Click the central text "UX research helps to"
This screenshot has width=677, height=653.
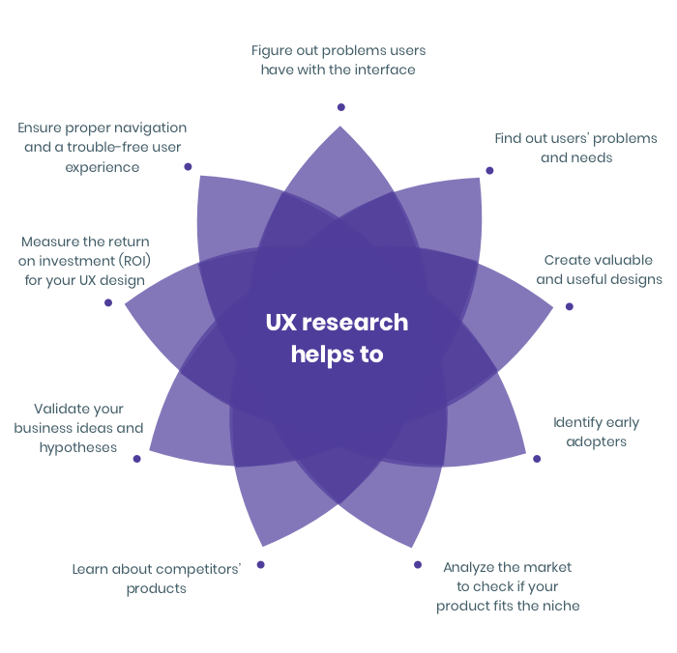pos(337,338)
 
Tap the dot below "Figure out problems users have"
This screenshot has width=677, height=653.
pos(340,107)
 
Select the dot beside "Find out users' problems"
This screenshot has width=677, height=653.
pos(489,170)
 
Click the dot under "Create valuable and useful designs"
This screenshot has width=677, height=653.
pos(569,306)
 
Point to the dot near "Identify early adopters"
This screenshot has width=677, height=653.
pos(537,459)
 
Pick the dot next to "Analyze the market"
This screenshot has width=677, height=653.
pos(418,564)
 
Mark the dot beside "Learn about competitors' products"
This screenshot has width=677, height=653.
pos(260,564)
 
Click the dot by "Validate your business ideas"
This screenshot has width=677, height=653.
pos(136,459)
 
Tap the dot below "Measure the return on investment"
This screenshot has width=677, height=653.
pos(108,302)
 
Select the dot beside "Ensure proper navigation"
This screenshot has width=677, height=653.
pos(188,166)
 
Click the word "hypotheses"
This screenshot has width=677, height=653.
pos(78,447)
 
